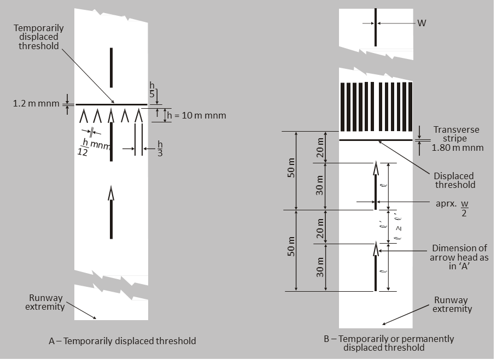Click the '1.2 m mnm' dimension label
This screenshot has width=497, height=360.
click(36, 104)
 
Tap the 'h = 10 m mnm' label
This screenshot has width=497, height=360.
click(196, 115)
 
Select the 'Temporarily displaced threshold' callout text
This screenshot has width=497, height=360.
click(39, 37)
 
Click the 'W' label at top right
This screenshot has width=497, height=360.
click(422, 23)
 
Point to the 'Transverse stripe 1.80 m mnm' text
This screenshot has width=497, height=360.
click(457, 139)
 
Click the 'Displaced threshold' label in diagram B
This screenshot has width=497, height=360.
click(454, 180)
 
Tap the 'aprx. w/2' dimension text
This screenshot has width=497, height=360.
click(452, 207)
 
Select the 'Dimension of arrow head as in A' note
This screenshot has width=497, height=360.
click(459, 257)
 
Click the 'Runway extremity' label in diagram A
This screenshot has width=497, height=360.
click(45, 303)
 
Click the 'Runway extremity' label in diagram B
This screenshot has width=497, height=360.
click(452, 304)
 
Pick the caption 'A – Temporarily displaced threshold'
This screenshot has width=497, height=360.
click(122, 341)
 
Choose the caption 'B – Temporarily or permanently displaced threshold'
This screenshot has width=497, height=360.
click(389, 343)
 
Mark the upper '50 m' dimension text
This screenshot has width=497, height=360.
click(291, 168)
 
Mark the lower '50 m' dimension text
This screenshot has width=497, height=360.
click(291, 246)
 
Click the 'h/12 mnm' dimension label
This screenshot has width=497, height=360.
click(93, 147)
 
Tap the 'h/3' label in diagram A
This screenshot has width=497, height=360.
click(160, 149)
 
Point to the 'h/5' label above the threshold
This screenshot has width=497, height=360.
click(152, 90)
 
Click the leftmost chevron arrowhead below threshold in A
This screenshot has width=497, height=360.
click(84, 116)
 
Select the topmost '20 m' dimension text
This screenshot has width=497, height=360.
click(320, 147)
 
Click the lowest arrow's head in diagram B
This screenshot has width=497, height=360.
click(376, 249)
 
